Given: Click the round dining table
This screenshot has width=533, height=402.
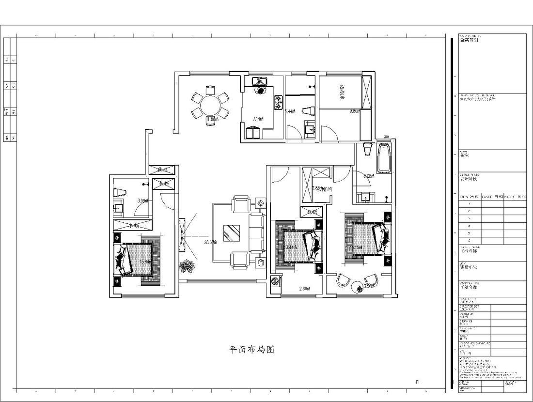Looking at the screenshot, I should [210, 105].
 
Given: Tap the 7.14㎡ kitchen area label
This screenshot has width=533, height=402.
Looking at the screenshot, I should [258, 119].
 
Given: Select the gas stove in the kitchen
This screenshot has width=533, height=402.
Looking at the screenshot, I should [279, 101].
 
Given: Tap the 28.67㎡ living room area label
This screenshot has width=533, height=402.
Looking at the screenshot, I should [210, 242].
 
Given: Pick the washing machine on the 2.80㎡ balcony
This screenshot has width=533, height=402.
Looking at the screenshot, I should [275, 281].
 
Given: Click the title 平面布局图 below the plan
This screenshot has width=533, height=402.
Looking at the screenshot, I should [251, 350].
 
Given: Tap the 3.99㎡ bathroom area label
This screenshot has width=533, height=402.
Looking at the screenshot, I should [142, 200].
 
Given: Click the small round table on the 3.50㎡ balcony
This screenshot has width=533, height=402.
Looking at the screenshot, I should [358, 288].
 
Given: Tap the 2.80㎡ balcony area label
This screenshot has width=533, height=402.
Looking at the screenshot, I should [304, 289].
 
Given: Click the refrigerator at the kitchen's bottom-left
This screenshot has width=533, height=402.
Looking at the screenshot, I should [253, 132].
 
